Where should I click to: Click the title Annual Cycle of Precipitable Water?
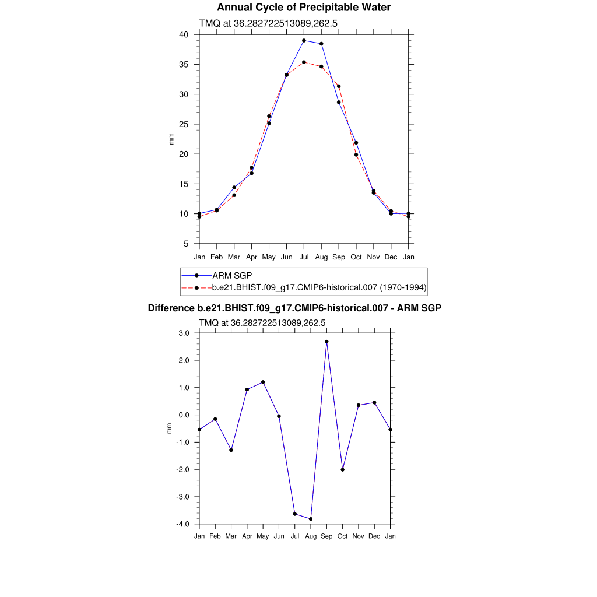(304, 8)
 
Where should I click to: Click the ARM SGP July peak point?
(304, 41)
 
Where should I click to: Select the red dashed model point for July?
(304, 62)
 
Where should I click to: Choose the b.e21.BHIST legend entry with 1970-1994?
(319, 287)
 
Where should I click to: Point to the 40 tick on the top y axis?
(184, 35)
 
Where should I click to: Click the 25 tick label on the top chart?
(184, 124)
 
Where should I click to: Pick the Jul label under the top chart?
(304, 257)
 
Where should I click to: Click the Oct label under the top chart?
(356, 257)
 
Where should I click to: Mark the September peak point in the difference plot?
(326, 342)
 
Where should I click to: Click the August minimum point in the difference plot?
(311, 519)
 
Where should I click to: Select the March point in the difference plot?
(231, 450)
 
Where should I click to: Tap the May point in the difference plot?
(263, 382)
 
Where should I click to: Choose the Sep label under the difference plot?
(326, 536)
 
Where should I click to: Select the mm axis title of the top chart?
(171, 139)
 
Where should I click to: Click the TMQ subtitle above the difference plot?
(262, 322)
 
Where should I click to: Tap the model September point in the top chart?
(339, 86)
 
